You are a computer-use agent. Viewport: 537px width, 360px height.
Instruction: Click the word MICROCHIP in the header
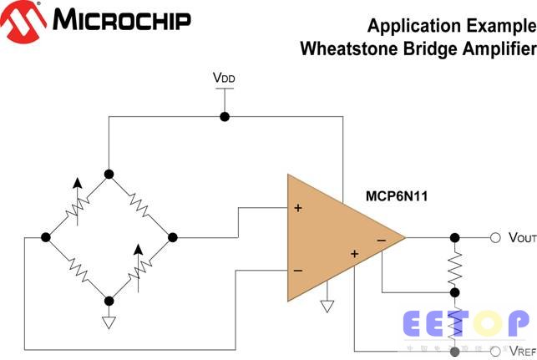coord(121,20)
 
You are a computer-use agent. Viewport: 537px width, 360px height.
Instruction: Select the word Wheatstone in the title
coord(342,48)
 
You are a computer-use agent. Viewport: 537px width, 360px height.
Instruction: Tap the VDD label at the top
coord(224,79)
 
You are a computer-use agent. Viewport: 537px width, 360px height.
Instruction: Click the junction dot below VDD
coord(224,116)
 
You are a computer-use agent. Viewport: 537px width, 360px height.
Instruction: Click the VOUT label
coord(521,237)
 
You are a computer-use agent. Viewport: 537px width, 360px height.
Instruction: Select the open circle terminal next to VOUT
coord(495,237)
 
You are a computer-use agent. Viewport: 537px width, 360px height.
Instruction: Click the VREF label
coord(521,352)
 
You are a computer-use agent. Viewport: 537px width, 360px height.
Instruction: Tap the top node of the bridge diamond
coord(109,174)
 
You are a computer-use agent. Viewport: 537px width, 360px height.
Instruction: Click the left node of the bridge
coord(46,237)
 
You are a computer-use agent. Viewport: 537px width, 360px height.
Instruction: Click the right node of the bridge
coord(173,237)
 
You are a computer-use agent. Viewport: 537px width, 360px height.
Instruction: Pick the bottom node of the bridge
coord(109,301)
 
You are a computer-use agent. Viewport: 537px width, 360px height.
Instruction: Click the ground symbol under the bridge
coord(109,322)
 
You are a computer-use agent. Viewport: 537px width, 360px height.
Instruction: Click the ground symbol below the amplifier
coord(327,306)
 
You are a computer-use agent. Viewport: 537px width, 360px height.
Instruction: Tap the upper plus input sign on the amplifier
coord(297,207)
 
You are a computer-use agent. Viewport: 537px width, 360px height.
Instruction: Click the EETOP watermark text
coord(465,322)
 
